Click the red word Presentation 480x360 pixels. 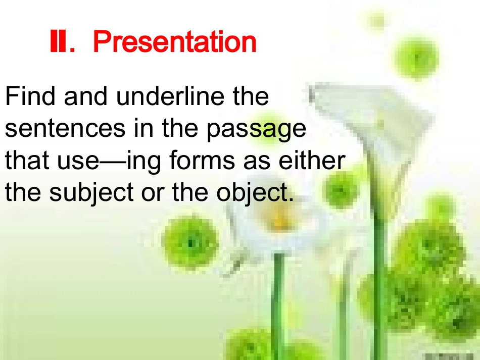pyautogui.click(x=174, y=42)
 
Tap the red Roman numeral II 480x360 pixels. pyautogui.click(x=59, y=41)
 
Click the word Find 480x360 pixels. pyautogui.click(x=30, y=96)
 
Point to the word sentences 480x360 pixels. pyautogui.click(x=65, y=128)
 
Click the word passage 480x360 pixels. pyautogui.click(x=256, y=129)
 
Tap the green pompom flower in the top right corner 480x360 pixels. pyautogui.click(x=416, y=59)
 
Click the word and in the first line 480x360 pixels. pyautogui.click(x=86, y=96)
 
